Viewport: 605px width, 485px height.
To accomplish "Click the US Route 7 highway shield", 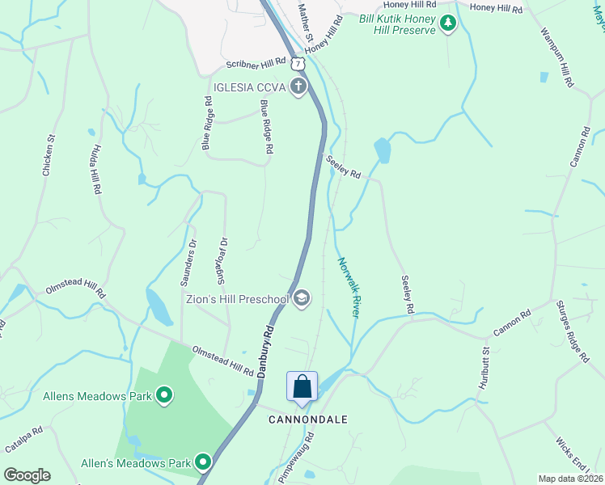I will coord(299,62).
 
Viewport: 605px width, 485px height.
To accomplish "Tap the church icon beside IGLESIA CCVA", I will coord(298,86).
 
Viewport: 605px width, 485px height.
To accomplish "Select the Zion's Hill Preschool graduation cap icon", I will coord(301,299).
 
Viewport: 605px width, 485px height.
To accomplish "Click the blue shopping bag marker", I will coord(302,386).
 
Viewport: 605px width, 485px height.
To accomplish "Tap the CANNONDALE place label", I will coord(308,420).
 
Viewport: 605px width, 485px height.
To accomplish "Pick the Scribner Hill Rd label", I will coord(256,62).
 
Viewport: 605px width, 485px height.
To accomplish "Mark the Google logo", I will coord(27,475).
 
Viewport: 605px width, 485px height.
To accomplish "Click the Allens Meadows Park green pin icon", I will coord(164,395).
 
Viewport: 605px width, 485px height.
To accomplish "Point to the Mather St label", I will coord(305,21).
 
